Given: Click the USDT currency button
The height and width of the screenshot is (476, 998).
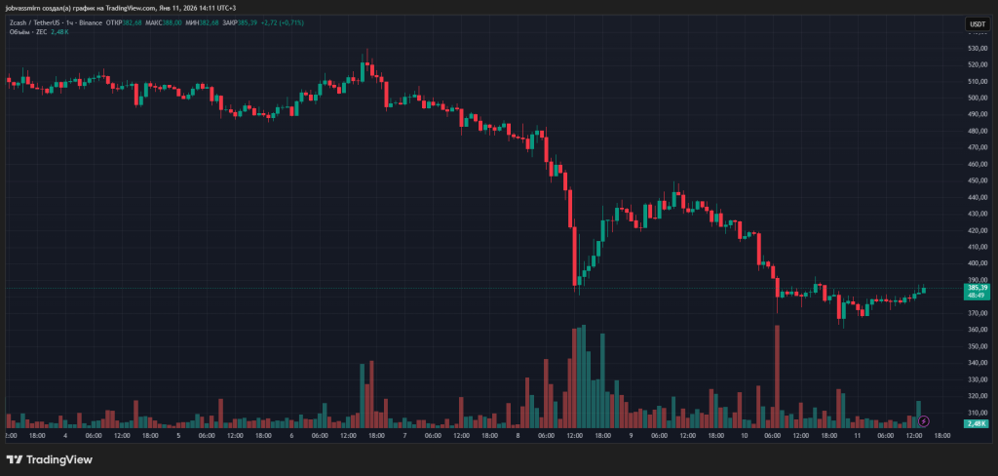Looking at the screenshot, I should (977, 24).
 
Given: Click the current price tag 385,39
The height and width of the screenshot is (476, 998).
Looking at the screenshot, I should (977, 288).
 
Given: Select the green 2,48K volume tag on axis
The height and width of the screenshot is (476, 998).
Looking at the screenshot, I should (977, 424).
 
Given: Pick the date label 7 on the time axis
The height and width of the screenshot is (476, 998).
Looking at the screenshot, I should (404, 436).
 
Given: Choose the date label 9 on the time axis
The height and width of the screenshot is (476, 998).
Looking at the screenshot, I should (631, 436).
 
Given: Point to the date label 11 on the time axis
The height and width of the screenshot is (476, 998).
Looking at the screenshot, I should (857, 436).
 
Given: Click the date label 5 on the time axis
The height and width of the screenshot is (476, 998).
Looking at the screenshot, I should (178, 436).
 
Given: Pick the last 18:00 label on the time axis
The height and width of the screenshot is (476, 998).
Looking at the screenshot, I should (941, 436).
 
